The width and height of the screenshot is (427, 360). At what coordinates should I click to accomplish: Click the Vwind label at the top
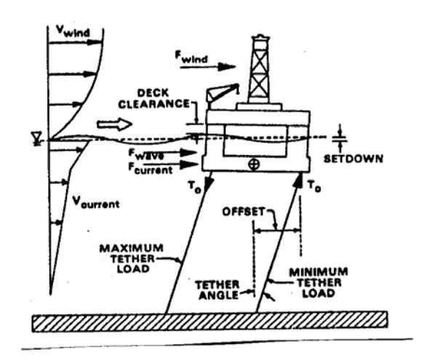click(x=73, y=31)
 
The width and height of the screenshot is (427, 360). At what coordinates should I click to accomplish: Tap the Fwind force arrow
click(x=208, y=67)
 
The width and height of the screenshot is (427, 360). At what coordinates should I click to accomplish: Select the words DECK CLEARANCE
click(x=154, y=99)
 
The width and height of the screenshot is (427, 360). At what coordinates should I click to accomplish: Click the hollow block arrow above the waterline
click(x=115, y=124)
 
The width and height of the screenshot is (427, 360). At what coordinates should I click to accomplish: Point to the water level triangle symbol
click(x=36, y=138)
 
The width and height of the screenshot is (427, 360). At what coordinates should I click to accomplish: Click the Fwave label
click(x=146, y=154)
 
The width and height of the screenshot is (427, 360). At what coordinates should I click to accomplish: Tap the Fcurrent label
click(x=151, y=168)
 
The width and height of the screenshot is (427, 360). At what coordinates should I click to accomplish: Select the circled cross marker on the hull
click(x=254, y=164)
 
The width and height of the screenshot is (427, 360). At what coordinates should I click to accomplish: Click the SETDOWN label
click(x=354, y=159)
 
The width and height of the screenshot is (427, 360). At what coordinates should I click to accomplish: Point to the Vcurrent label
click(x=96, y=202)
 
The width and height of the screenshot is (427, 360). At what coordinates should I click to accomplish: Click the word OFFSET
click(x=244, y=212)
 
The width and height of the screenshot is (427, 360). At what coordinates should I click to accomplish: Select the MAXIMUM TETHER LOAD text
click(x=132, y=258)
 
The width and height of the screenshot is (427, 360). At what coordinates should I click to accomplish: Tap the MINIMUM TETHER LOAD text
click(x=319, y=282)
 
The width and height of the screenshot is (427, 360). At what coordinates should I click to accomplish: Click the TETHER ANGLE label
click(x=218, y=290)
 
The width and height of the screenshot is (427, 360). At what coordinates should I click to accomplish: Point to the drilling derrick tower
click(x=259, y=69)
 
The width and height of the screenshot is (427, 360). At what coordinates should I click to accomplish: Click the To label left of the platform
click(x=195, y=186)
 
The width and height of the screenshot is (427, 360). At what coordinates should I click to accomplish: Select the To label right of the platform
click(x=314, y=186)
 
